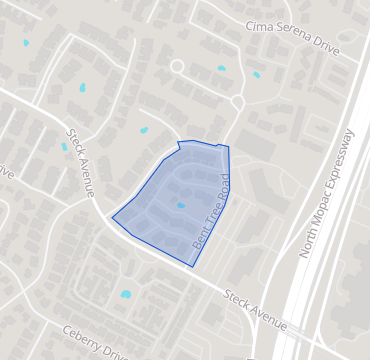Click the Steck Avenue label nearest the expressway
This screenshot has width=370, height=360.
coord(255,310)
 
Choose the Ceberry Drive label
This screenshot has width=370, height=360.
coord(96,342)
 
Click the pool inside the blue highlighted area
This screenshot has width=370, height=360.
coord(181,205)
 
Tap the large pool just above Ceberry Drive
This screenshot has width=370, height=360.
coord(125,294)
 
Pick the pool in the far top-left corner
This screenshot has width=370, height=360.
coord(25,43)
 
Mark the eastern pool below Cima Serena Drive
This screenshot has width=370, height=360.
coord(256,75)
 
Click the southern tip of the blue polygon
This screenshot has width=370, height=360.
coord(192,267)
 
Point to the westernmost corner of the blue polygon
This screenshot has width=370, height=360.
coord(112,217)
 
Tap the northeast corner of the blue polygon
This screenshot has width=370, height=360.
coord(229,147)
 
